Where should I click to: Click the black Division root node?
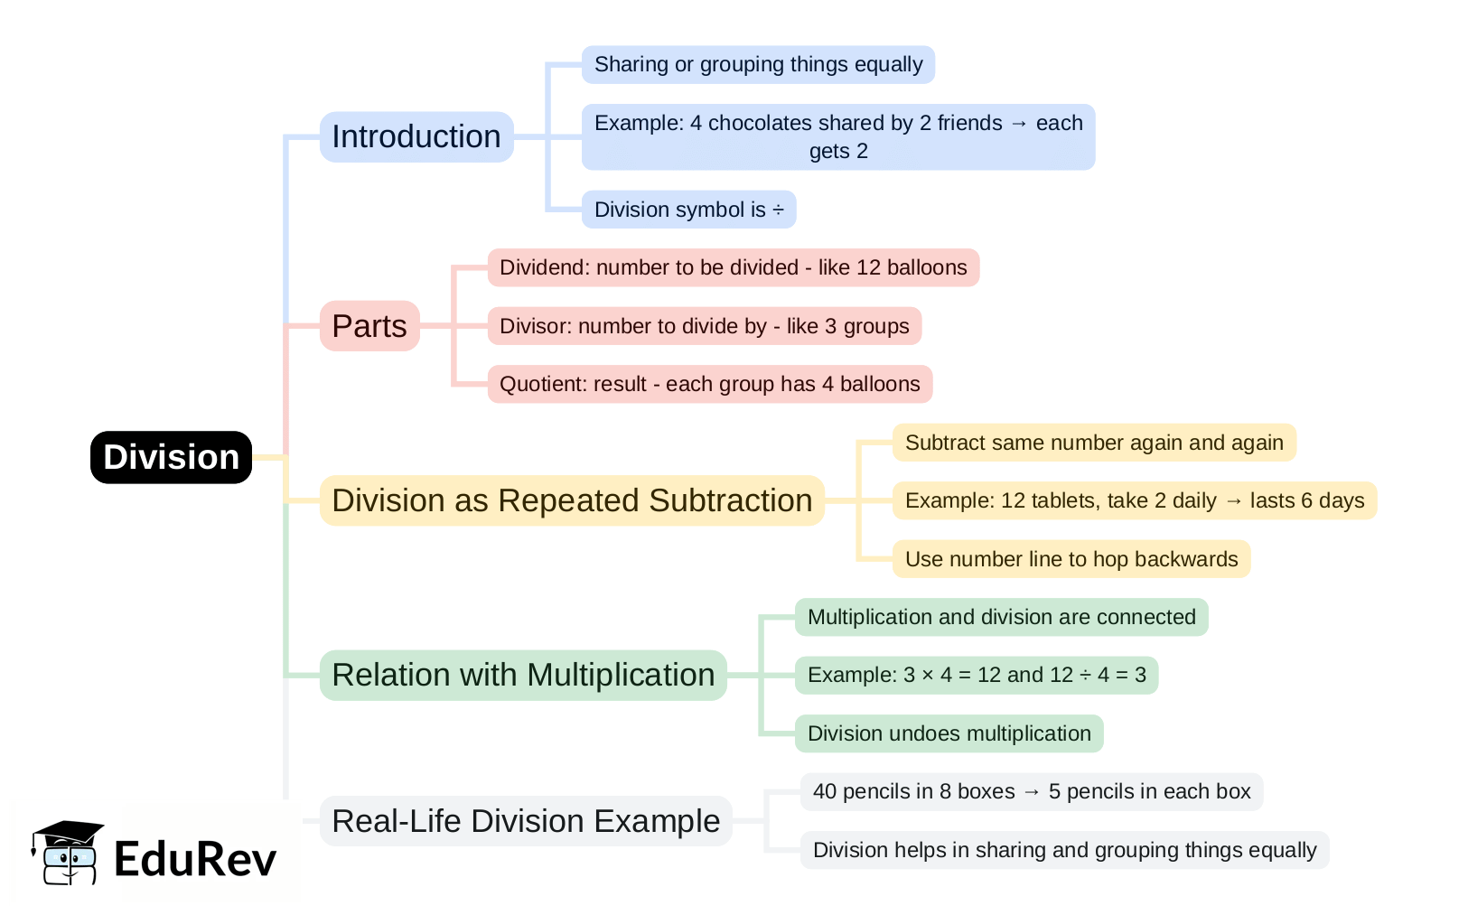[x=171, y=457]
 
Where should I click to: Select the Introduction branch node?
[x=416, y=136]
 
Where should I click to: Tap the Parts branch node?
[x=369, y=326]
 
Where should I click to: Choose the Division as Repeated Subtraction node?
[x=572, y=500]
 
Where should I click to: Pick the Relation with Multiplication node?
[x=523, y=675]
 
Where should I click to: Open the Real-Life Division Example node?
[x=526, y=821]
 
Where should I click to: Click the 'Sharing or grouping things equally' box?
[x=758, y=65]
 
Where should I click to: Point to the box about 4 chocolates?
[x=837, y=136]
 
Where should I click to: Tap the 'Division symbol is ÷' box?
[x=688, y=210]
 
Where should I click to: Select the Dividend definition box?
[x=733, y=267]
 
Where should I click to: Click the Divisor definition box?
[x=704, y=326]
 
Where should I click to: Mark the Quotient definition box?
[x=709, y=384]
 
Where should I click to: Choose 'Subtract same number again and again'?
[x=1094, y=443]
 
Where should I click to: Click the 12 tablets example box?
[x=1134, y=500]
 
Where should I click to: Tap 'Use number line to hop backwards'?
[x=1071, y=559]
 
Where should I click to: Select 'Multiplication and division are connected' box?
[x=1001, y=617]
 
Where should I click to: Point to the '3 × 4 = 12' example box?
[x=976, y=675]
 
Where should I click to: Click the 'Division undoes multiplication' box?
[x=949, y=733]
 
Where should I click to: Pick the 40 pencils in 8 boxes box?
[x=1031, y=791]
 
